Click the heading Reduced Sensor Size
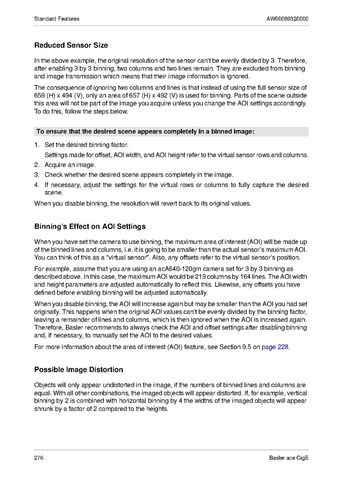[71, 46]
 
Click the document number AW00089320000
[287, 19]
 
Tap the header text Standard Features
[57, 19]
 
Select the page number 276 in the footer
[39, 458]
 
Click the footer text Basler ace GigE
[289, 458]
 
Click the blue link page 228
[275, 347]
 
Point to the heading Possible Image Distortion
[79, 369]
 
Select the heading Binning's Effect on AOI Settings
[90, 226]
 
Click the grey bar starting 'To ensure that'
[171, 132]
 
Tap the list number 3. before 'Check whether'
[37, 175]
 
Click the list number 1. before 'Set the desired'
[37, 145]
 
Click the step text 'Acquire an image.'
[70, 165]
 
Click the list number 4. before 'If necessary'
[37, 185]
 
